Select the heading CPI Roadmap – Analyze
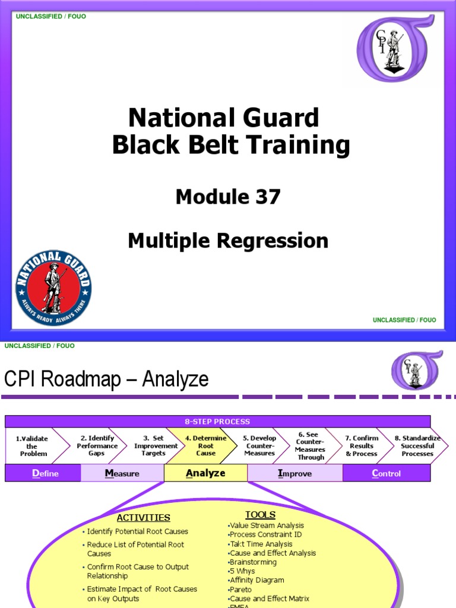(x=107, y=379)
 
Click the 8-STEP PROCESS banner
(x=217, y=422)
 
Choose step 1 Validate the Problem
(x=33, y=446)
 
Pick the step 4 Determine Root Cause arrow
(x=205, y=446)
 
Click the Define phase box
(x=43, y=473)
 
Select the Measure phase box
(x=122, y=473)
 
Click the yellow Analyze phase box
(x=205, y=473)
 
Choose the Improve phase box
(x=294, y=473)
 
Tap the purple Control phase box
(x=387, y=473)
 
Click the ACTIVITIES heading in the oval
(x=143, y=518)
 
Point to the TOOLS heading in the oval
(x=260, y=515)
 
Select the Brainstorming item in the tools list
(x=253, y=562)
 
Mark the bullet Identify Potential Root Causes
(x=137, y=531)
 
